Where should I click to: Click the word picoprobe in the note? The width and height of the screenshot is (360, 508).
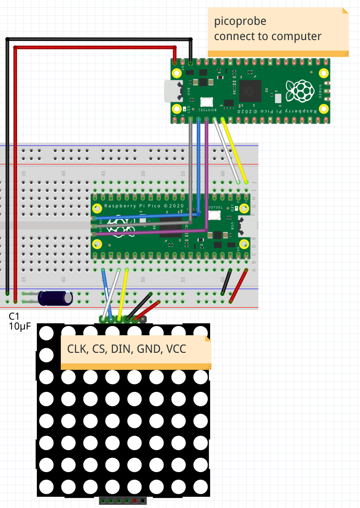click(240, 22)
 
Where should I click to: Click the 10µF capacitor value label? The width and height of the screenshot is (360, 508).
click(19, 326)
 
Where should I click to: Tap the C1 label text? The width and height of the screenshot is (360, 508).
click(14, 316)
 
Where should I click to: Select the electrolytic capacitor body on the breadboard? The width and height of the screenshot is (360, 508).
click(55, 298)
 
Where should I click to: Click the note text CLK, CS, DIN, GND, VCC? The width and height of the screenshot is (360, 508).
click(127, 349)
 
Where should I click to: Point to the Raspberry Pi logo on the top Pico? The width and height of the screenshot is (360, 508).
click(297, 91)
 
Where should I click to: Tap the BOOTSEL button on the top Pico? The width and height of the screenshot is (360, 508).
click(207, 102)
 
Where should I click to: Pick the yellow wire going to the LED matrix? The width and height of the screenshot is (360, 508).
click(123, 295)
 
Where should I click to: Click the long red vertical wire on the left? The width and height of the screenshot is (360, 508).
click(16, 175)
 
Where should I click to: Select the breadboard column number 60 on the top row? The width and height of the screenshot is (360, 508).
click(223, 174)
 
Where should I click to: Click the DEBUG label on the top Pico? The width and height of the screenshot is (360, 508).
click(320, 91)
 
